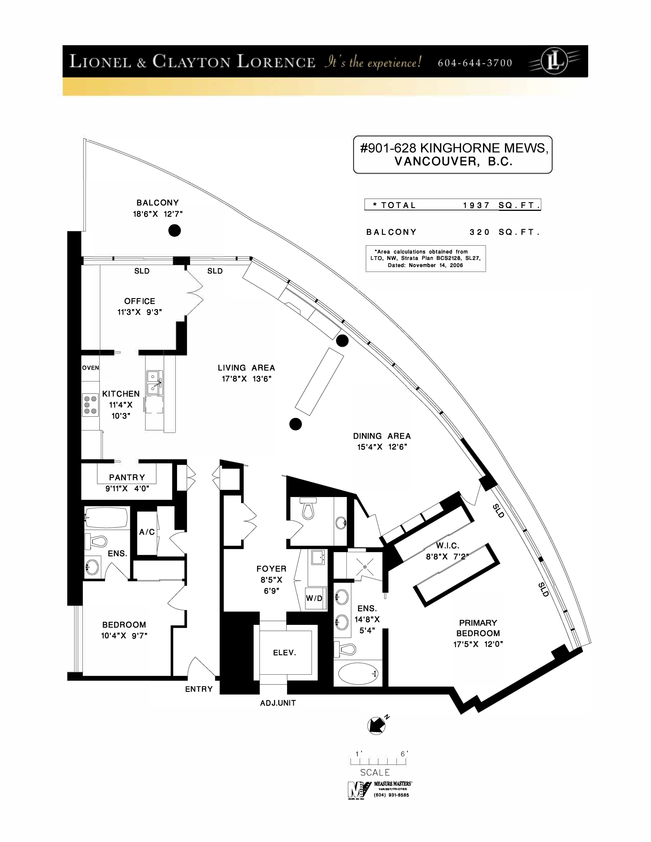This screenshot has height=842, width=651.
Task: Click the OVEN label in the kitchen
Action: [90, 368]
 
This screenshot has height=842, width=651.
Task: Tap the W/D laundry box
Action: [314, 598]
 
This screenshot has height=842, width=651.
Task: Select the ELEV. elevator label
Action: [285, 653]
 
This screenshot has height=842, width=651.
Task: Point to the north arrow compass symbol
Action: [377, 725]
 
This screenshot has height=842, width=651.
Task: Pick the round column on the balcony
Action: [174, 231]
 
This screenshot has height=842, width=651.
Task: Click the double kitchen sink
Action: [154, 382]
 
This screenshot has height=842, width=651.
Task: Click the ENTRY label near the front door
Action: [199, 689]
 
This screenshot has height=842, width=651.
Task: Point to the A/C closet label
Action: [147, 532]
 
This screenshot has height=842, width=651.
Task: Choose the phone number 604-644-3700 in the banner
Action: [475, 63]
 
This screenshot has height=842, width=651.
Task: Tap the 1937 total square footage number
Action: [477, 205]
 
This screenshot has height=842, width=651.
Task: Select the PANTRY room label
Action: [127, 477]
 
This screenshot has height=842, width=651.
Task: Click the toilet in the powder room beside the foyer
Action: [308, 508]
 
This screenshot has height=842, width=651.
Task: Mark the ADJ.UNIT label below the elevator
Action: [278, 703]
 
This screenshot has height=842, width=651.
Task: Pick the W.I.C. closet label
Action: [448, 546]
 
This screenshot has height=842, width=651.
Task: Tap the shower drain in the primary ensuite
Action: [365, 567]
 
